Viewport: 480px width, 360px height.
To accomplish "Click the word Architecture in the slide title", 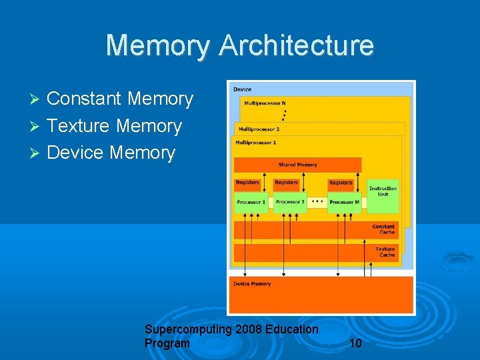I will pyautogui.click(x=296, y=45).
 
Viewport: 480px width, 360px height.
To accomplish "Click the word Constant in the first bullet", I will pyautogui.click(x=83, y=99).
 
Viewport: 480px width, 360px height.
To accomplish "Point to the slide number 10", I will pyautogui.click(x=355, y=343).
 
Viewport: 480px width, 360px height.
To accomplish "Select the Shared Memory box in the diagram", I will pyautogui.click(x=297, y=165).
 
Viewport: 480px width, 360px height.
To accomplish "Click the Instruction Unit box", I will pyautogui.click(x=383, y=192).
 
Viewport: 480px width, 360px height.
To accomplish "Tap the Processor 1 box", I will pyautogui.click(x=251, y=202).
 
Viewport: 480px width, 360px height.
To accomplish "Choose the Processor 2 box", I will pyautogui.click(x=290, y=202).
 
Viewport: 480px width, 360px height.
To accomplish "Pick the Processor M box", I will pyautogui.click(x=344, y=202).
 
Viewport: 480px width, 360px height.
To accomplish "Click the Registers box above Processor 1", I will pyautogui.click(x=247, y=183).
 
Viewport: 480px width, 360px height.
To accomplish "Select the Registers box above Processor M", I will pyautogui.click(x=341, y=183).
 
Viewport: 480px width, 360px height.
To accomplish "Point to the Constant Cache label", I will pyautogui.click(x=383, y=229).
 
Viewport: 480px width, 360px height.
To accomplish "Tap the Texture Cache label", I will pyautogui.click(x=385, y=252).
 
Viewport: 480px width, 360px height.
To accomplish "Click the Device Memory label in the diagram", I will pyautogui.click(x=252, y=284).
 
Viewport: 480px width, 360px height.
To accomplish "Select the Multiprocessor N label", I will pyautogui.click(x=265, y=103).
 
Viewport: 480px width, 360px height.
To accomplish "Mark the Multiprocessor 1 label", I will pyautogui.click(x=255, y=142).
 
